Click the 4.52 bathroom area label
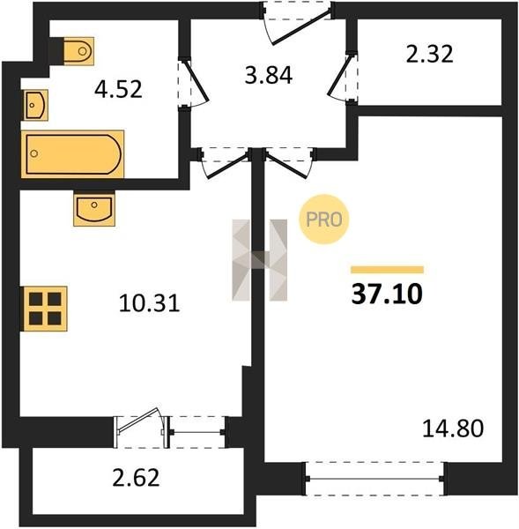(x=118, y=90)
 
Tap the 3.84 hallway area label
(x=269, y=75)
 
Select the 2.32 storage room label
(x=429, y=54)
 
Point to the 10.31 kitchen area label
(x=150, y=303)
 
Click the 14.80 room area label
(x=453, y=428)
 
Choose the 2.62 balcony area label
(x=136, y=478)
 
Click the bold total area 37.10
(x=387, y=294)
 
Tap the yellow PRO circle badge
(x=324, y=219)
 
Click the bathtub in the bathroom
(x=72, y=153)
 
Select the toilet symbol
(x=78, y=50)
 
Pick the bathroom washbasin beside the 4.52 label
(x=35, y=105)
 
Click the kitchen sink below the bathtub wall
(x=94, y=208)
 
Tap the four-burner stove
(x=44, y=309)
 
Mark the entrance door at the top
(x=297, y=24)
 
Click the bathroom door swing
(x=194, y=84)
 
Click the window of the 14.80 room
(x=374, y=479)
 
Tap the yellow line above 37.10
(x=387, y=270)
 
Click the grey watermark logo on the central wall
(x=260, y=260)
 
